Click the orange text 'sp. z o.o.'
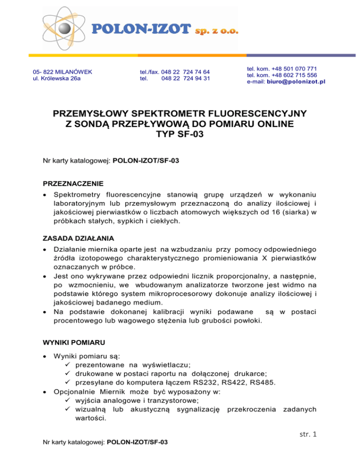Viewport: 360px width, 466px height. tap(217, 31)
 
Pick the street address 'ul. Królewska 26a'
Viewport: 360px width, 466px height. tap(56, 78)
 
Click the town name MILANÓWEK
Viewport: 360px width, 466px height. tap(72, 72)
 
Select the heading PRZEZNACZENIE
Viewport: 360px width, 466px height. tap(73, 182)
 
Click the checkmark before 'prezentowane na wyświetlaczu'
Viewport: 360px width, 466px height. tap(69, 364)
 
